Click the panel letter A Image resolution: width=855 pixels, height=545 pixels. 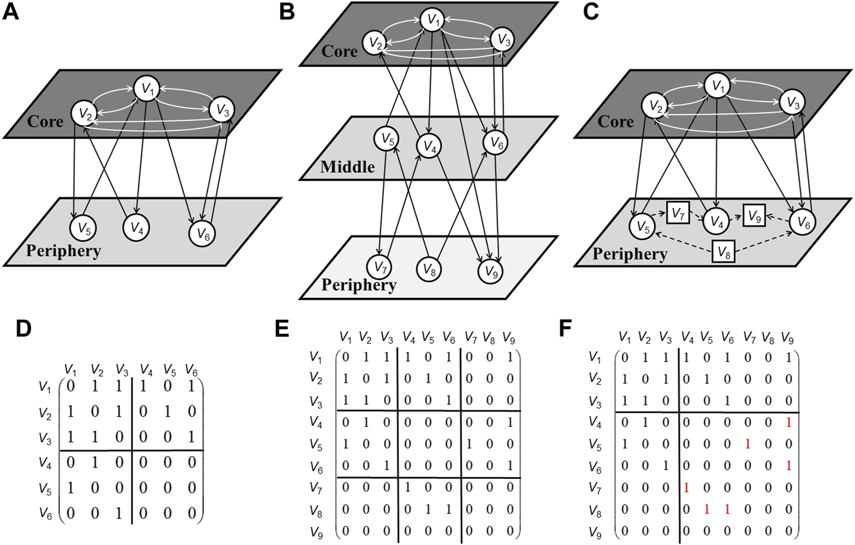pyautogui.click(x=11, y=12)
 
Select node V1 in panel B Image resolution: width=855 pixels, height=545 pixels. pyautogui.click(x=433, y=21)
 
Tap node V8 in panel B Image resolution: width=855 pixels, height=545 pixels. pyautogui.click(x=429, y=270)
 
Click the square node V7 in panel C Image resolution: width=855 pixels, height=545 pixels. pyautogui.click(x=678, y=214)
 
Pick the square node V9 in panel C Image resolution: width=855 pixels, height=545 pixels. pyautogui.click(x=754, y=216)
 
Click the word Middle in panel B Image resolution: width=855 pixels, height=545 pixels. pyautogui.click(x=347, y=167)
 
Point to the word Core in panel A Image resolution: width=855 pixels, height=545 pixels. pyautogui.click(x=45, y=121)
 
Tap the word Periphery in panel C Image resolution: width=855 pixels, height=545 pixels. pyautogui.click(x=629, y=254)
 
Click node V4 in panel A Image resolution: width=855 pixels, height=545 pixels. pyautogui.click(x=136, y=228)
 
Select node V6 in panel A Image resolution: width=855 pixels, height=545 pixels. pyautogui.click(x=203, y=233)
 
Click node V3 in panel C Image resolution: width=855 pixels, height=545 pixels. pyautogui.click(x=792, y=103)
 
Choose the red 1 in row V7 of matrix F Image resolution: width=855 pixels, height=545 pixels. pyautogui.click(x=686, y=487)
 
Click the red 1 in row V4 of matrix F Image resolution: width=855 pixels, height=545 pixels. pyautogui.click(x=788, y=422)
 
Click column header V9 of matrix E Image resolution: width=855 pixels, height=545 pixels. pyautogui.click(x=508, y=339)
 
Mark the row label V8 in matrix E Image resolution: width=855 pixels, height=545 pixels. pyautogui.click(x=316, y=511)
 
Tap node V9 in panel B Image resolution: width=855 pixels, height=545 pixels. pyautogui.click(x=490, y=272)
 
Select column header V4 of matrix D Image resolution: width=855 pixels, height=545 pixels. pyautogui.click(x=146, y=371)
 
